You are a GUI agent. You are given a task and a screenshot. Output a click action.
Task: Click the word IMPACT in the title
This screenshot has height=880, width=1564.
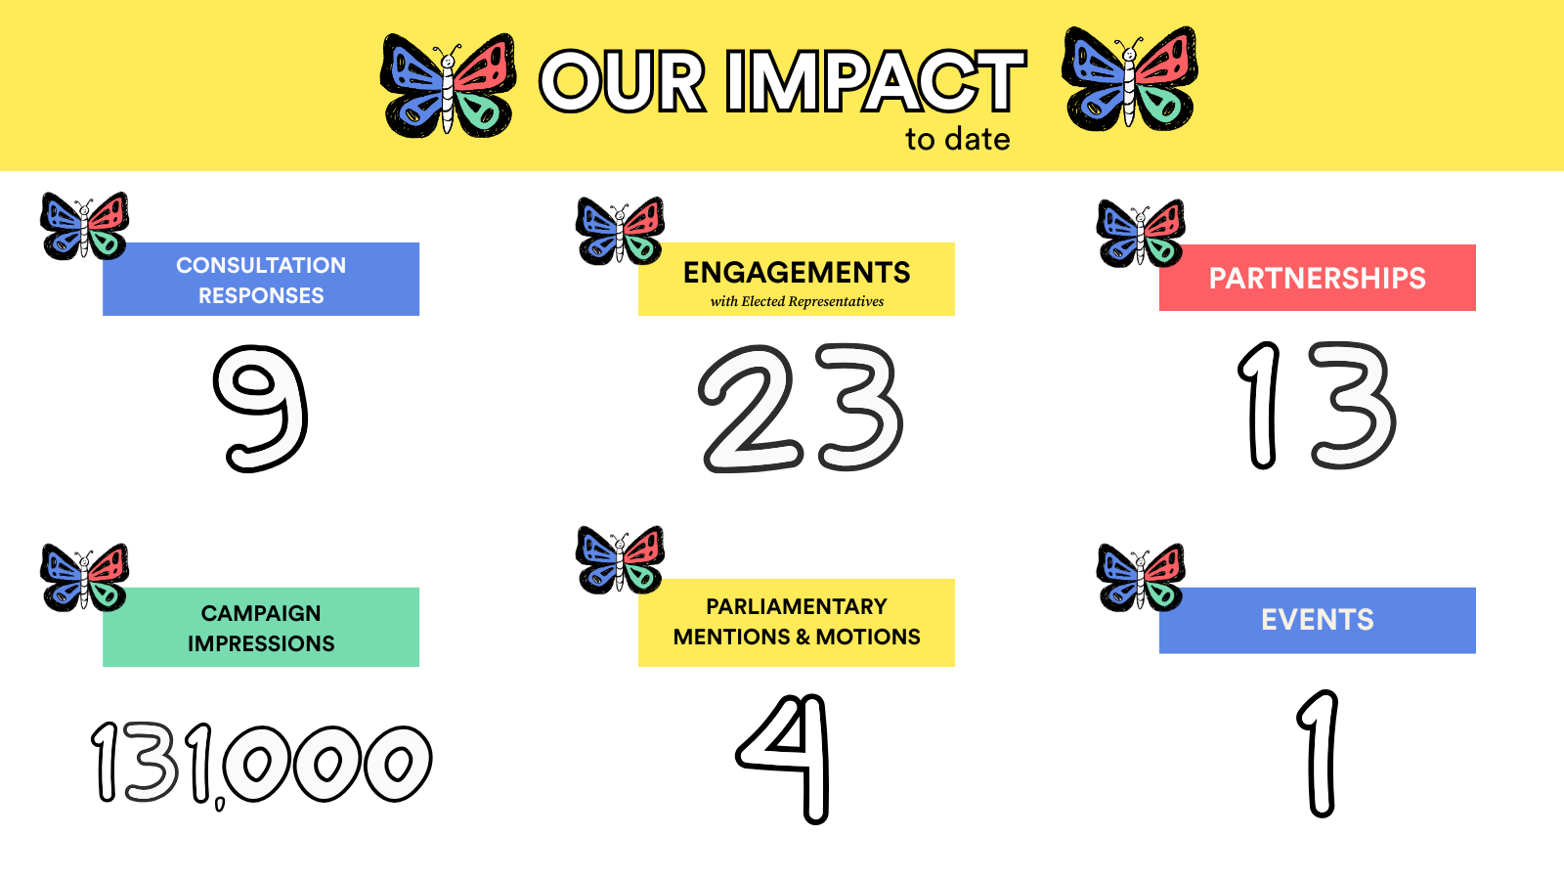[x=876, y=82]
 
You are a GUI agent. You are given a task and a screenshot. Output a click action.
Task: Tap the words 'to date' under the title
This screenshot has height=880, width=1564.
[x=957, y=140]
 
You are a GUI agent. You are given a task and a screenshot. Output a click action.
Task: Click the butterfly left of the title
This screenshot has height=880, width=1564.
[x=449, y=85]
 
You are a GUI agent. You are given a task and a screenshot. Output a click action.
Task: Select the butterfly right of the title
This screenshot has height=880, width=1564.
[x=1130, y=79]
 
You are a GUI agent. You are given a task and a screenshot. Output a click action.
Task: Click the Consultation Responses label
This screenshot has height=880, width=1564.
[x=260, y=280]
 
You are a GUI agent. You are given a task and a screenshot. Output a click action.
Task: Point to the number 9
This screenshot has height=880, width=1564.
[x=260, y=409]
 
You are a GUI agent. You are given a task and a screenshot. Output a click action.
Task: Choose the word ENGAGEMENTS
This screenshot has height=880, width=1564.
[x=797, y=273]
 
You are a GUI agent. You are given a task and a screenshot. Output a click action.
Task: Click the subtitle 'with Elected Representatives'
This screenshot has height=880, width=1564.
[x=797, y=302]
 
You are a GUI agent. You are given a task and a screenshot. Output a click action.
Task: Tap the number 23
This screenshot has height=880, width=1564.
[x=801, y=409]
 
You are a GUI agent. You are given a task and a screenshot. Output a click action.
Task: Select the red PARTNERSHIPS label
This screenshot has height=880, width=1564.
[x=1317, y=278]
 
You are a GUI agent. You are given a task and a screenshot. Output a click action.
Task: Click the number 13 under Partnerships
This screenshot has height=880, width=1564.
[x=1316, y=405]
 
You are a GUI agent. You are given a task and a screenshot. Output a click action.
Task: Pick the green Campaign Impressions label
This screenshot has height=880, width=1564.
[x=260, y=627]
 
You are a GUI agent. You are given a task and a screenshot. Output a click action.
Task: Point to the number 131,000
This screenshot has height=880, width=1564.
[x=261, y=764]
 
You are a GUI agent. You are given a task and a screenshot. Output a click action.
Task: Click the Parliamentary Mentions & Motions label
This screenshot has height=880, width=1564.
[x=797, y=622]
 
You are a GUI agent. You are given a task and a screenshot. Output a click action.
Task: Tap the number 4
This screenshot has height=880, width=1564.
[x=783, y=759]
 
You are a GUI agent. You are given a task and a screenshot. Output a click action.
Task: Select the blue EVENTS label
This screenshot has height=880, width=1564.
[x=1317, y=620]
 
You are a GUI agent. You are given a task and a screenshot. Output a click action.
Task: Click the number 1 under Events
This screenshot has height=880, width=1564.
[x=1319, y=754]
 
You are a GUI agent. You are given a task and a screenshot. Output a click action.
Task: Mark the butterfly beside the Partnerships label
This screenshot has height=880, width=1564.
[x=1140, y=234]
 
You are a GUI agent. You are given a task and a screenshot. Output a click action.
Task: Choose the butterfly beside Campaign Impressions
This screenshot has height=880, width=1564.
[x=84, y=578]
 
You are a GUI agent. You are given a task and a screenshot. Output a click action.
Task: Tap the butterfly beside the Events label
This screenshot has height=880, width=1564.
[x=1140, y=578]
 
